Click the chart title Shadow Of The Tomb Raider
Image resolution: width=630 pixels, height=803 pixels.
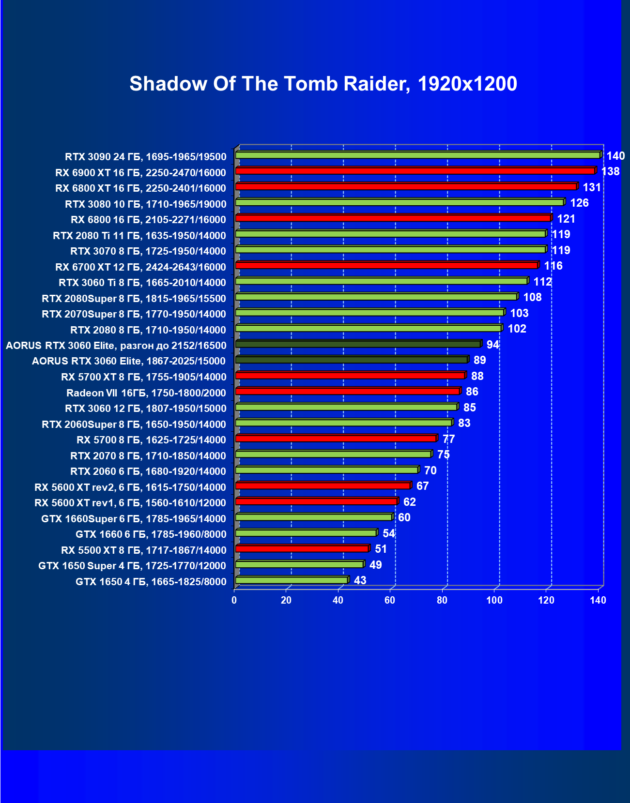(x=323, y=84)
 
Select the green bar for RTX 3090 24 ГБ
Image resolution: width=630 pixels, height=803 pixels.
(x=417, y=155)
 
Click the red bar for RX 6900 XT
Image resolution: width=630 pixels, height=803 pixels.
(x=415, y=171)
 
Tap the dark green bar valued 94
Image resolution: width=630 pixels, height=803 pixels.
(x=358, y=344)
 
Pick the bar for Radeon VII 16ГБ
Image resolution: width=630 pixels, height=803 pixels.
(x=347, y=391)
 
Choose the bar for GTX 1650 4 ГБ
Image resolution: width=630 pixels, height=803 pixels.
(x=291, y=580)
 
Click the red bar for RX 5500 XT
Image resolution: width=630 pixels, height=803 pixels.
(x=302, y=548)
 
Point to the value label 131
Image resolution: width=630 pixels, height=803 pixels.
(x=592, y=187)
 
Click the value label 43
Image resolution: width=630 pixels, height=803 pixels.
(x=360, y=580)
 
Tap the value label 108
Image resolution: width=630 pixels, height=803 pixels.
(x=532, y=297)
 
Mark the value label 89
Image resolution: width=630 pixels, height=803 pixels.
(x=479, y=360)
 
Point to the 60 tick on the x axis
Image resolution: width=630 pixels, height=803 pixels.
(x=390, y=601)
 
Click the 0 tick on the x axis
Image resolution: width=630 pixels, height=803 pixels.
(x=234, y=601)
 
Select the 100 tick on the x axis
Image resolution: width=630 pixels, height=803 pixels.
(x=494, y=601)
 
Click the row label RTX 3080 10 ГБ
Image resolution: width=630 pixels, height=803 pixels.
(x=145, y=204)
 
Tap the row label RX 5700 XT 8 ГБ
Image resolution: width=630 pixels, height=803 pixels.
(x=143, y=377)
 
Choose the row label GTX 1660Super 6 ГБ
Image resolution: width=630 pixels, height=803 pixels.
(x=134, y=519)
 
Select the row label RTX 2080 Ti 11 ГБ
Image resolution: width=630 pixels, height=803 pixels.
(x=139, y=236)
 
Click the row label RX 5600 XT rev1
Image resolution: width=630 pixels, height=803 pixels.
(x=130, y=503)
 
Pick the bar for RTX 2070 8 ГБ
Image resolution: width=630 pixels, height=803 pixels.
(x=333, y=454)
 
